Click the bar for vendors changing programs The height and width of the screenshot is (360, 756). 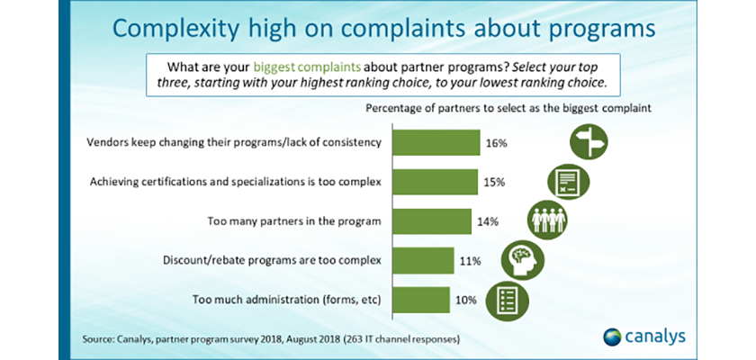[438, 143]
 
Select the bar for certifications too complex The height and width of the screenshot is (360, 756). [436, 182]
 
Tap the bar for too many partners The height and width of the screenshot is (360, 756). [432, 221]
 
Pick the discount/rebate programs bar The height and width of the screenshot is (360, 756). [423, 261]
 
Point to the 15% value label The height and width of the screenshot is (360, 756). [493, 182]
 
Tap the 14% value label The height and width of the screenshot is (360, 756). [487, 221]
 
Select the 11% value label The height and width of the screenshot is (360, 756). [469, 261]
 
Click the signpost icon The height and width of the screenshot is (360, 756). [590, 142]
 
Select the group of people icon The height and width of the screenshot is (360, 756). [545, 220]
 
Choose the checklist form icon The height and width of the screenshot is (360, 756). [505, 300]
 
